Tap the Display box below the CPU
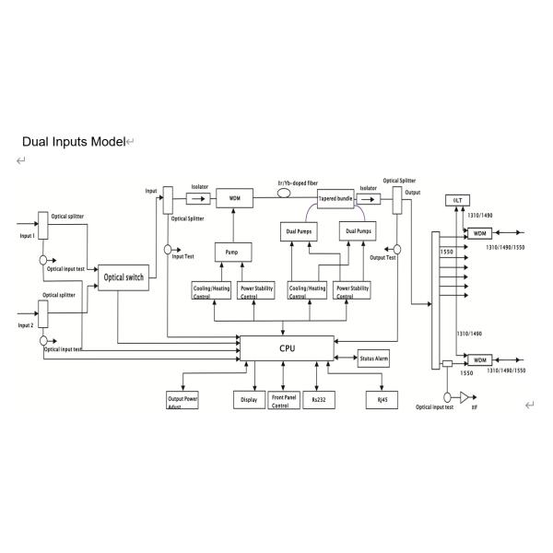248,401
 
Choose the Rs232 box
319,401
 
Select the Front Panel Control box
284,401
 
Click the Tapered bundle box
335,197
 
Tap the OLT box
458,200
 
